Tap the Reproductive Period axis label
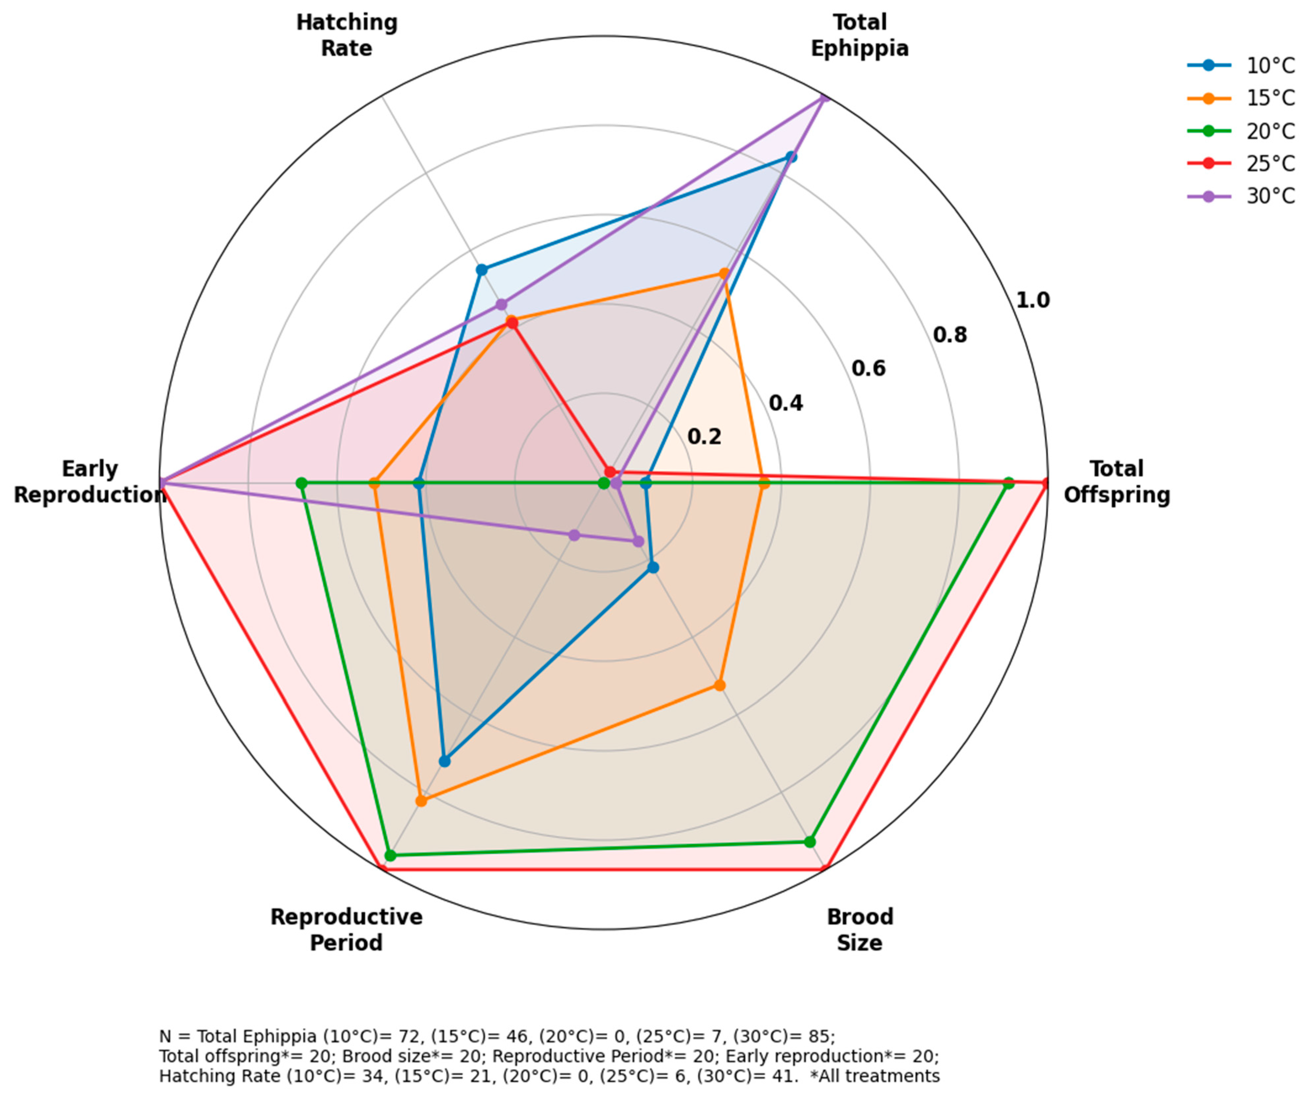[347, 930]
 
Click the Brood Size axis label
[860, 930]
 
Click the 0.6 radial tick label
[868, 368]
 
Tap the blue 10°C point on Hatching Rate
[481, 270]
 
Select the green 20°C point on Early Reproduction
[302, 483]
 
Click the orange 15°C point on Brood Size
[719, 685]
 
